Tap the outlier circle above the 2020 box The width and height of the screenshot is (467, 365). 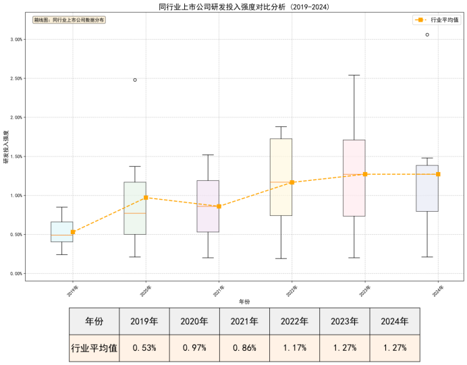click(x=135, y=80)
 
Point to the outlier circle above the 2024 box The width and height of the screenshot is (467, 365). click(x=427, y=34)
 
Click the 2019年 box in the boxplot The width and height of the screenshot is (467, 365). click(x=62, y=231)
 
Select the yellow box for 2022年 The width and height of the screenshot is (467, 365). click(x=281, y=177)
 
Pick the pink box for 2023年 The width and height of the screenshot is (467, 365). click(x=354, y=178)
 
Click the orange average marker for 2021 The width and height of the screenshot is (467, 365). click(x=219, y=206)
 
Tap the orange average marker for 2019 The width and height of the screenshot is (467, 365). click(x=73, y=232)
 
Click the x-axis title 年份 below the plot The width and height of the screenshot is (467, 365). click(x=244, y=301)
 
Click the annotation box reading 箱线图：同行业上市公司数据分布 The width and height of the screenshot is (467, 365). click(x=69, y=20)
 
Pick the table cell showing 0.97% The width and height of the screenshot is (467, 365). click(x=194, y=349)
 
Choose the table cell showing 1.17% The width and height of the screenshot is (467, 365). click(x=295, y=349)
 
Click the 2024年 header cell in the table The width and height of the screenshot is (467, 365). click(x=395, y=322)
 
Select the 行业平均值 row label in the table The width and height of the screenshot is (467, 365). click(x=94, y=349)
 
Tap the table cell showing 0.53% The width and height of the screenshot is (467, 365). click(x=144, y=349)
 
